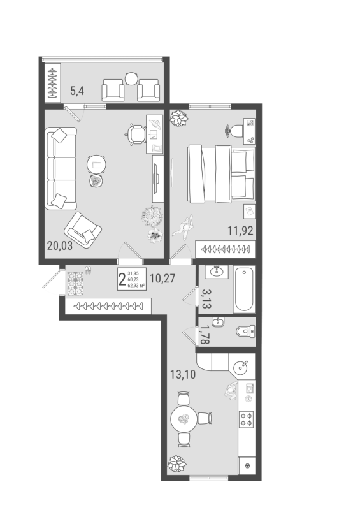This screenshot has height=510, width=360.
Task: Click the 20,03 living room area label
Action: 60,245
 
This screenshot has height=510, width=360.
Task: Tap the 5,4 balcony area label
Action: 77,91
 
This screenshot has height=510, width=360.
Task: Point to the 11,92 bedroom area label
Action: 240,231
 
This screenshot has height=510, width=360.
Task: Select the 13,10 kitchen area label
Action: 183,375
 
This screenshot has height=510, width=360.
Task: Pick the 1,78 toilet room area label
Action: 206,335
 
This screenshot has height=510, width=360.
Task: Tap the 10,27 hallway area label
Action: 162,279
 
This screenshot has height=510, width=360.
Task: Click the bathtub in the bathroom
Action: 244,289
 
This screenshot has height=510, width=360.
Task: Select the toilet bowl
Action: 245,331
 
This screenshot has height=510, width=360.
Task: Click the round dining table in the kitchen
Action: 184,418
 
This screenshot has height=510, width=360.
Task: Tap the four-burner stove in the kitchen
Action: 246,419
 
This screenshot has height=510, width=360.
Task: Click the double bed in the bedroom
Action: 221,174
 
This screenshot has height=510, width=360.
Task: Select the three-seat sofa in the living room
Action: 61,168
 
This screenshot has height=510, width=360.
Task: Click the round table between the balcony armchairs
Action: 132,78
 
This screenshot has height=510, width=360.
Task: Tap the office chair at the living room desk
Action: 135,134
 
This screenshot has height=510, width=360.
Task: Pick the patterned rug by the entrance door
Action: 75,283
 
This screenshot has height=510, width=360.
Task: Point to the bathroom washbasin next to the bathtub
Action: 216,271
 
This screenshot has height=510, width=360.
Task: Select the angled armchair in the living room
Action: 83,229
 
